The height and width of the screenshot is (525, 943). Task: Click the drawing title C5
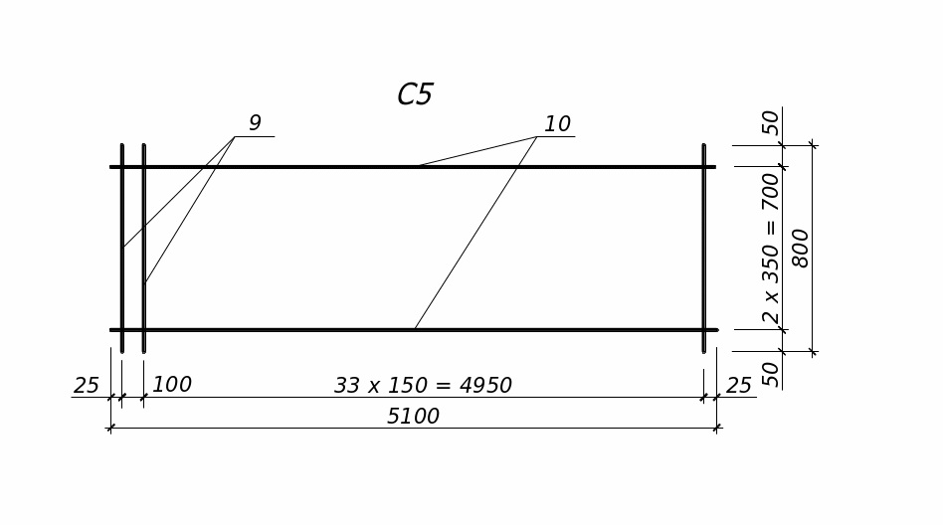click(x=415, y=95)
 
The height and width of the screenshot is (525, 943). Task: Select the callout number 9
click(x=255, y=123)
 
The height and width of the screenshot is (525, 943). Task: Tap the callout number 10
click(x=557, y=124)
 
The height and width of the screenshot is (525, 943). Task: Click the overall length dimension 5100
click(x=413, y=417)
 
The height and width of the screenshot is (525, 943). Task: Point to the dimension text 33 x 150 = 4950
click(x=423, y=386)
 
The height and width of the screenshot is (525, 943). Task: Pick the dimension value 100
click(x=172, y=385)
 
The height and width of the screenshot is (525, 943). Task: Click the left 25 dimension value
click(x=87, y=386)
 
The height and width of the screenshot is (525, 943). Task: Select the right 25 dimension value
click(x=738, y=386)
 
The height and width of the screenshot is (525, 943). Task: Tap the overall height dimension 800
click(x=801, y=248)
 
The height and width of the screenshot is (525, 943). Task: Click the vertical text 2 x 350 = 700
click(x=771, y=248)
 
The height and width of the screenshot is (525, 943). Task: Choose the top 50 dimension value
click(x=771, y=122)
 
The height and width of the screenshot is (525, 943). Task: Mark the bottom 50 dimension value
click(x=771, y=374)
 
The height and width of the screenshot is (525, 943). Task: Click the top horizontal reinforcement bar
click(x=298, y=166)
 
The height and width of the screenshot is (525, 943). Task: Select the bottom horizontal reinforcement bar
click(x=298, y=329)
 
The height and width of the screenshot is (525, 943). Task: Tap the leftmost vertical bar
click(x=122, y=298)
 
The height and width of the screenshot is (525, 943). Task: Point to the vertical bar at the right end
click(x=703, y=249)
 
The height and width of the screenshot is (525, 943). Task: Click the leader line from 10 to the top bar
click(x=477, y=151)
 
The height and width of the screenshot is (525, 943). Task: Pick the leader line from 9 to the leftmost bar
click(x=179, y=192)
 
